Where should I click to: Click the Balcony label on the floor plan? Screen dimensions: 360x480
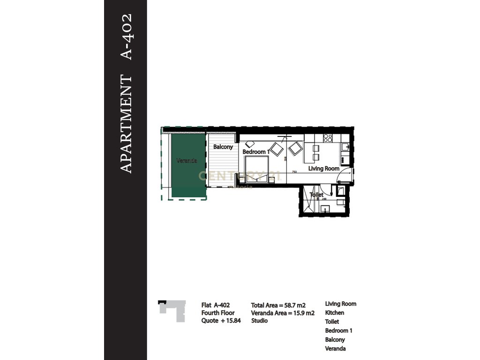point(223,147)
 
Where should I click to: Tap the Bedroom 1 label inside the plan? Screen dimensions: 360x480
point(256,152)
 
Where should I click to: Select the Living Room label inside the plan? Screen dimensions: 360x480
point(323,168)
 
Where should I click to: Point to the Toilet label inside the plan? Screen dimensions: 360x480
point(317,195)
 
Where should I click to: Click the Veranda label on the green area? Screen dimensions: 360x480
point(187,161)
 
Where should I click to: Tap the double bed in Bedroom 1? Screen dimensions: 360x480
point(256,169)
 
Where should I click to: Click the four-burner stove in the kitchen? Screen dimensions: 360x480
point(328,138)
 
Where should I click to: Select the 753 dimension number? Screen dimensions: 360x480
point(294,172)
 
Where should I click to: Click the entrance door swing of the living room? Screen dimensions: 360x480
point(345,179)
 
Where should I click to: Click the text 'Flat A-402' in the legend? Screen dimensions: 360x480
point(216,304)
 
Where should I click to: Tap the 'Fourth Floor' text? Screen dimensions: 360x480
point(218,313)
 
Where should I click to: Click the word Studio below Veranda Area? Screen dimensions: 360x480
point(259,321)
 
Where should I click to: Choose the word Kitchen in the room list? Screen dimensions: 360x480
point(334,313)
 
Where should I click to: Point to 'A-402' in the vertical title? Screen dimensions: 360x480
point(127,37)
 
